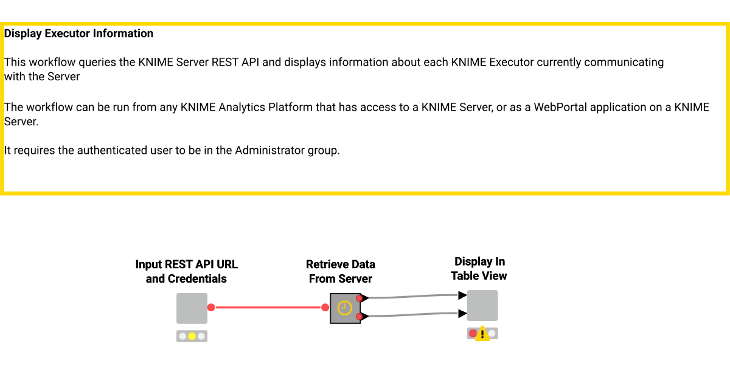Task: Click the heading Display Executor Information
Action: [x=78, y=34]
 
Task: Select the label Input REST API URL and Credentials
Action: [x=186, y=272]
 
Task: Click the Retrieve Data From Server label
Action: [x=340, y=272]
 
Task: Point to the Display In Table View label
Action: [x=479, y=269]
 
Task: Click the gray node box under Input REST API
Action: [x=192, y=308]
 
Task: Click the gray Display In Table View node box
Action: [x=482, y=305]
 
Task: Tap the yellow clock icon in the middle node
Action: [x=345, y=308]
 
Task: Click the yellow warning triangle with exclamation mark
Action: [x=482, y=334]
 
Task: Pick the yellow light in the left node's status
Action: [x=192, y=336]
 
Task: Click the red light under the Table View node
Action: [x=473, y=333]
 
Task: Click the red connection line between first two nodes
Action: [x=268, y=308]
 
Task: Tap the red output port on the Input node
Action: [x=211, y=308]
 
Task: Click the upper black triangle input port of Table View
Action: [x=462, y=295]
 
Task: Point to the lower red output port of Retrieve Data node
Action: [x=360, y=317]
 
